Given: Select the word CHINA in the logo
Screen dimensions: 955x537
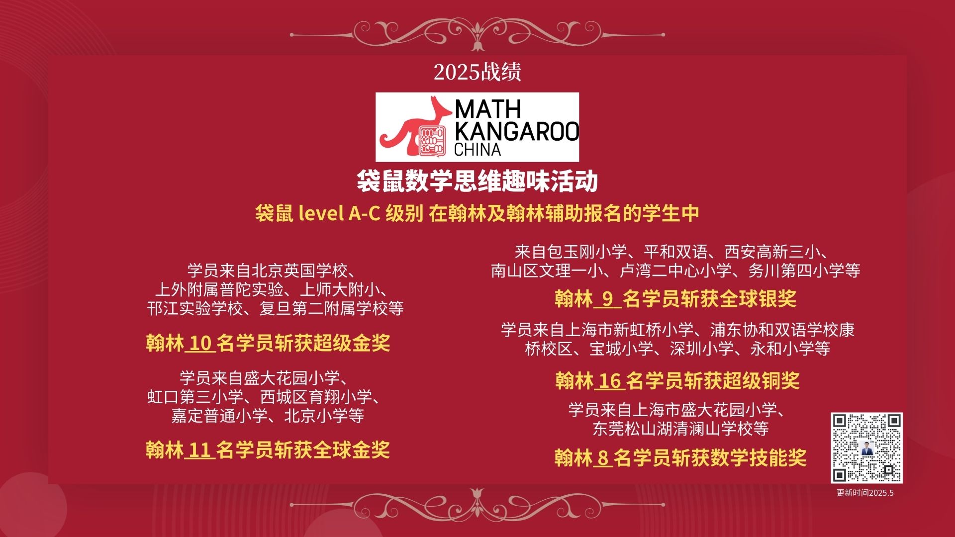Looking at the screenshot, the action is (477, 150).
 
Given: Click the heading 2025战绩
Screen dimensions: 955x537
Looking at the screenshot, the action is (477, 72).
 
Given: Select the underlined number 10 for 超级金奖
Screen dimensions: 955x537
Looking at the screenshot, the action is (200, 344).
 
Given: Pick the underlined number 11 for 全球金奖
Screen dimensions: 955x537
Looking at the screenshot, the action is (200, 450).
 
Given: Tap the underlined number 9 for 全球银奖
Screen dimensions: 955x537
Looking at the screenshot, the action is (607, 299).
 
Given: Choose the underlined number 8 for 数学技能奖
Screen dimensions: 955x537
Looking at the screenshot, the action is (603, 458).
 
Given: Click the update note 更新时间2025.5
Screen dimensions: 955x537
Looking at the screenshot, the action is (865, 493).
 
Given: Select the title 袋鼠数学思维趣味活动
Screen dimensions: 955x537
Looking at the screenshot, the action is (477, 181).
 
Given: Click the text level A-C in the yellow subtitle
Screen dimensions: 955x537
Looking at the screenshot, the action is (340, 213).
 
